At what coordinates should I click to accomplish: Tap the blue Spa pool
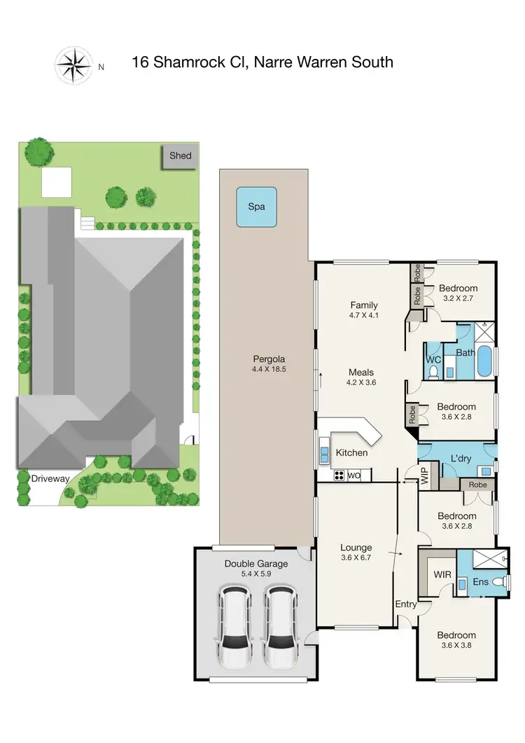256,207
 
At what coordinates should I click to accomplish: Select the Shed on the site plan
180,156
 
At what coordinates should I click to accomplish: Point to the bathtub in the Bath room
484,361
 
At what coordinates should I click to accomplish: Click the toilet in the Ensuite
497,581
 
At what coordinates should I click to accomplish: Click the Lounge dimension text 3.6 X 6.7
356,559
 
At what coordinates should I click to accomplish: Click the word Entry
406,604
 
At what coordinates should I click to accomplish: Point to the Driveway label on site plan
50,478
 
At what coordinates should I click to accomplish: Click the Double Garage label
253,563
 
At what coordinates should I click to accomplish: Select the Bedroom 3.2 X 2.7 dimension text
459,298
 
